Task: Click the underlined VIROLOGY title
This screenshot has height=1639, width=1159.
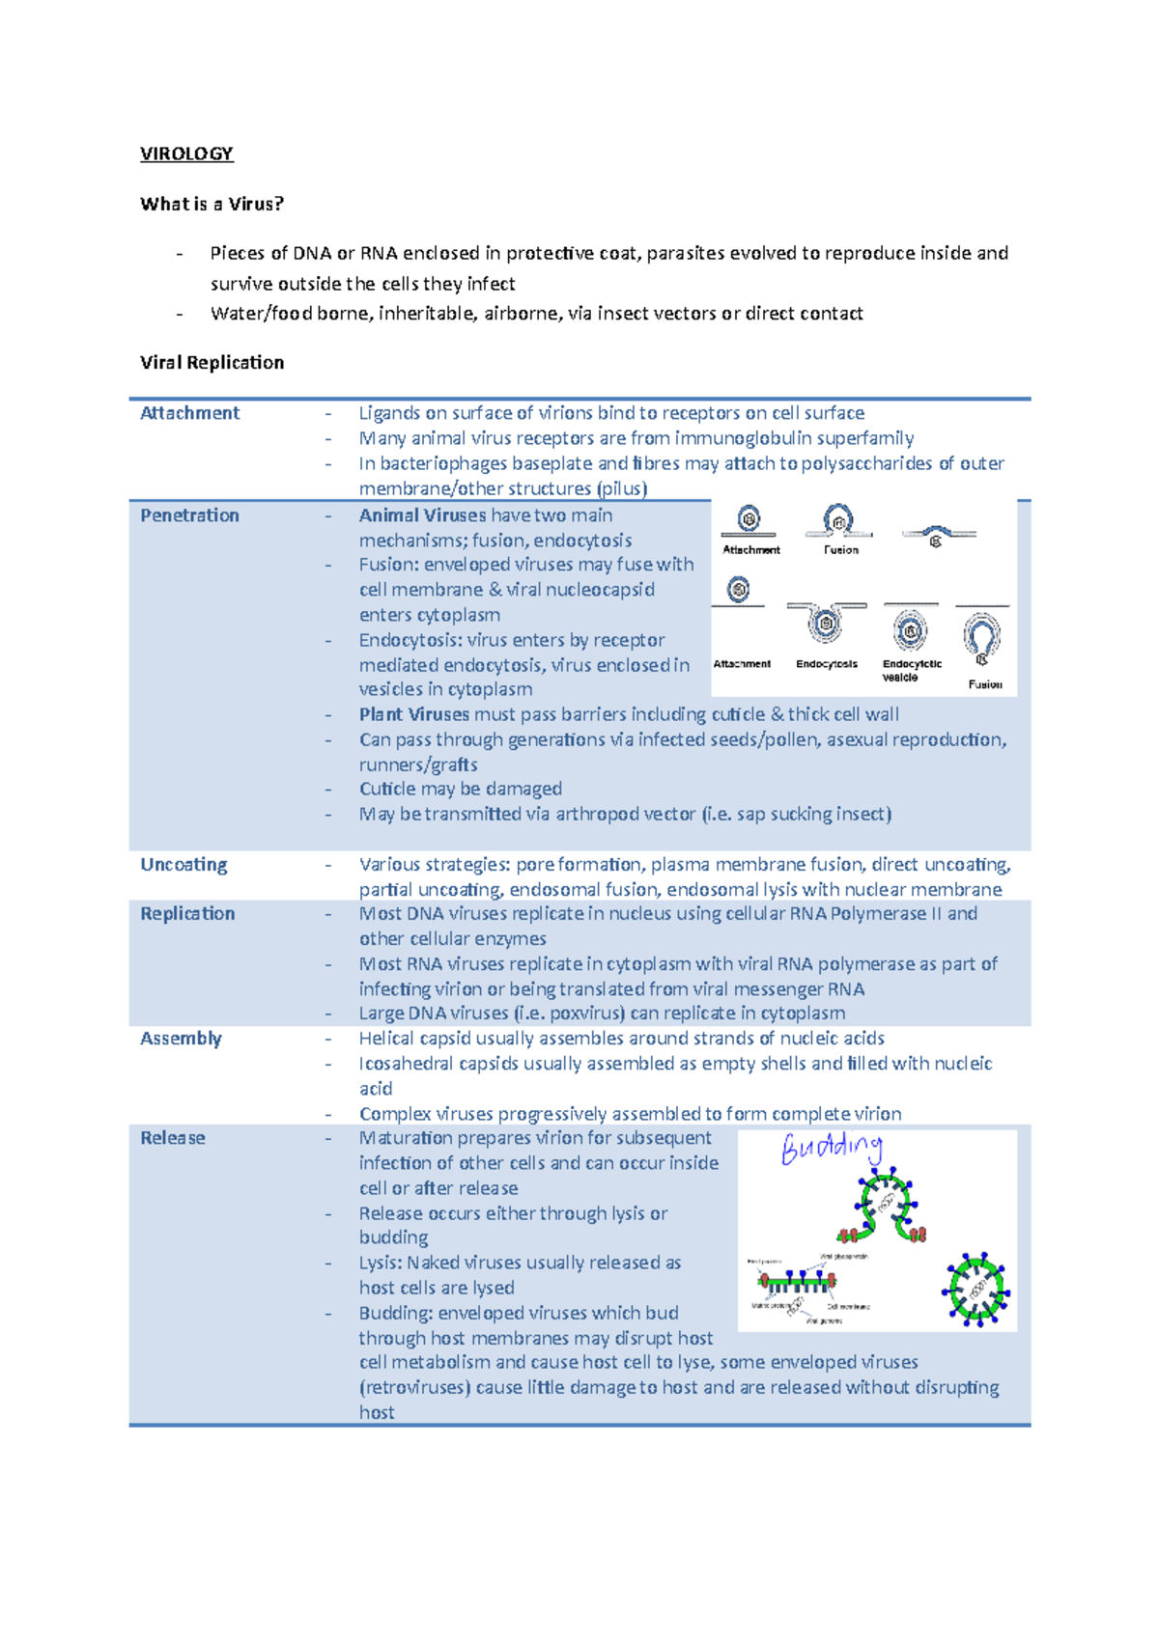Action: [186, 153]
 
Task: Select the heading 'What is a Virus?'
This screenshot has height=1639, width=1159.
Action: [212, 204]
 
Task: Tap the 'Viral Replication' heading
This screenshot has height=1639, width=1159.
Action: [212, 362]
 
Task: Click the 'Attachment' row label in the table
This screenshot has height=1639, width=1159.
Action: [189, 413]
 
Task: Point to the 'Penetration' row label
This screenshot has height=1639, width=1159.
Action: [189, 515]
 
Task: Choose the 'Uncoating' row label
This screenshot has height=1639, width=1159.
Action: [184, 864]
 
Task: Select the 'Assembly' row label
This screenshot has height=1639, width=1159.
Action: [181, 1039]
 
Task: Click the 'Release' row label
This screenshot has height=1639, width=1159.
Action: [172, 1138]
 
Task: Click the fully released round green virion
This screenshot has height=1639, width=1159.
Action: [976, 1288]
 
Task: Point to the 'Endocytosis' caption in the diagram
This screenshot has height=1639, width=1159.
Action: [826, 664]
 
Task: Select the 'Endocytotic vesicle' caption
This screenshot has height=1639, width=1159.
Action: [911, 670]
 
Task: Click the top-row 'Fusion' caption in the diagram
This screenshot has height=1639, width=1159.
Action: [840, 550]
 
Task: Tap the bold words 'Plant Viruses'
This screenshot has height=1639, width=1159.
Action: [413, 714]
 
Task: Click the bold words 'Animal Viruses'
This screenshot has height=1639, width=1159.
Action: [422, 515]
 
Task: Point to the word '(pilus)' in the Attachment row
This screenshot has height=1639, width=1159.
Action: [621, 488]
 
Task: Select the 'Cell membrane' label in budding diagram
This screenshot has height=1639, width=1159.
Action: [849, 1307]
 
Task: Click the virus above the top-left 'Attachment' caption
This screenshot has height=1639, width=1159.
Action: [749, 519]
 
